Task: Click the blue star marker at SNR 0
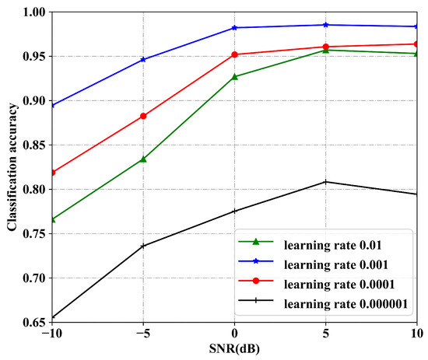pos(234,27)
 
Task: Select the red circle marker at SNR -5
pos(143,116)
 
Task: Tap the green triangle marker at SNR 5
pos(326,51)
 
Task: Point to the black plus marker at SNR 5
pos(326,182)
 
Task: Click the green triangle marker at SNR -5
pos(143,159)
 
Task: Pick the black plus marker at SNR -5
pos(143,246)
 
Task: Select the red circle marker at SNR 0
pos(234,54)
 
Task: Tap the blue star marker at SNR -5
pos(143,59)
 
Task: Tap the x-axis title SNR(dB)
pos(234,349)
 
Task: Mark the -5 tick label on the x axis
pos(143,333)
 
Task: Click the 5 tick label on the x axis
pos(326,333)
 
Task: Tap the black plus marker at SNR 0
pos(234,211)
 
